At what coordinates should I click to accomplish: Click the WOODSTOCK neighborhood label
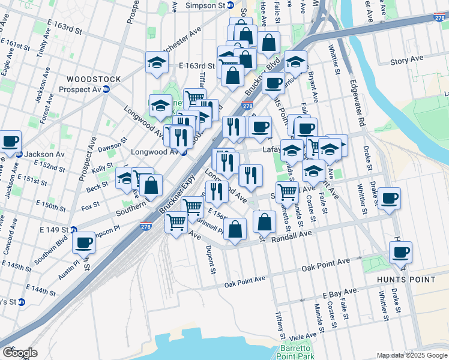point(94,79)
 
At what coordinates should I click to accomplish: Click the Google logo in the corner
point(20,353)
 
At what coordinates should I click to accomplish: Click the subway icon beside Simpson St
point(229,5)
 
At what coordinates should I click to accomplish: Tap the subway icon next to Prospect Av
point(106,89)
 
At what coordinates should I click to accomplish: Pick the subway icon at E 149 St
point(73,229)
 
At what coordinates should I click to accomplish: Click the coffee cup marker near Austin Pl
point(83,242)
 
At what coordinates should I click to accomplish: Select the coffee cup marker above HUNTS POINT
point(400,251)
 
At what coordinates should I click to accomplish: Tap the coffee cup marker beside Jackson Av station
point(10,141)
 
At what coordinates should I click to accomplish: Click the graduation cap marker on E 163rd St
point(156,62)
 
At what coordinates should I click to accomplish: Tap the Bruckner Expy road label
point(173,198)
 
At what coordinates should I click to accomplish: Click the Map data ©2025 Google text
point(411,355)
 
